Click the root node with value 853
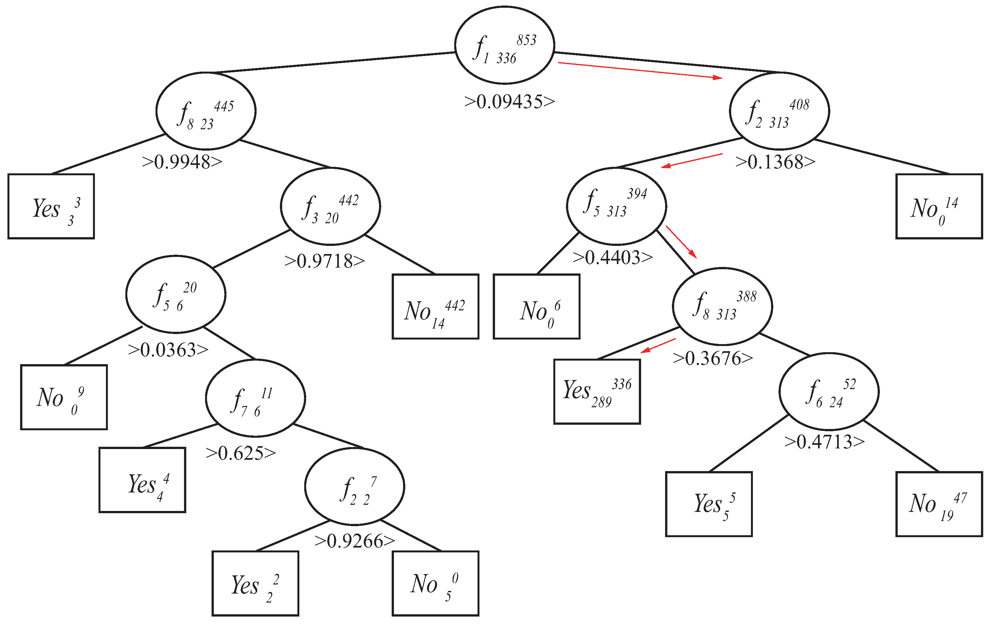504,45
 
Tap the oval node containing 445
206,111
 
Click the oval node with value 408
779,111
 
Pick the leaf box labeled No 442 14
435,306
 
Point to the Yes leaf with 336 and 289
597,391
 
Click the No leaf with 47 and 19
939,504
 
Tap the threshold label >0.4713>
824,442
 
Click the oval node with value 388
722,306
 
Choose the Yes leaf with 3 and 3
51,206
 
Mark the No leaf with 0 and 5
435,584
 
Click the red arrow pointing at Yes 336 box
658,346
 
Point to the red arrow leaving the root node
640,70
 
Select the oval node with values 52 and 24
829,391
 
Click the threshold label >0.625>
241,453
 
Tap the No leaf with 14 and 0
939,206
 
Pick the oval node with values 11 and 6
255,398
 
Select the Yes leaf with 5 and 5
709,504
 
